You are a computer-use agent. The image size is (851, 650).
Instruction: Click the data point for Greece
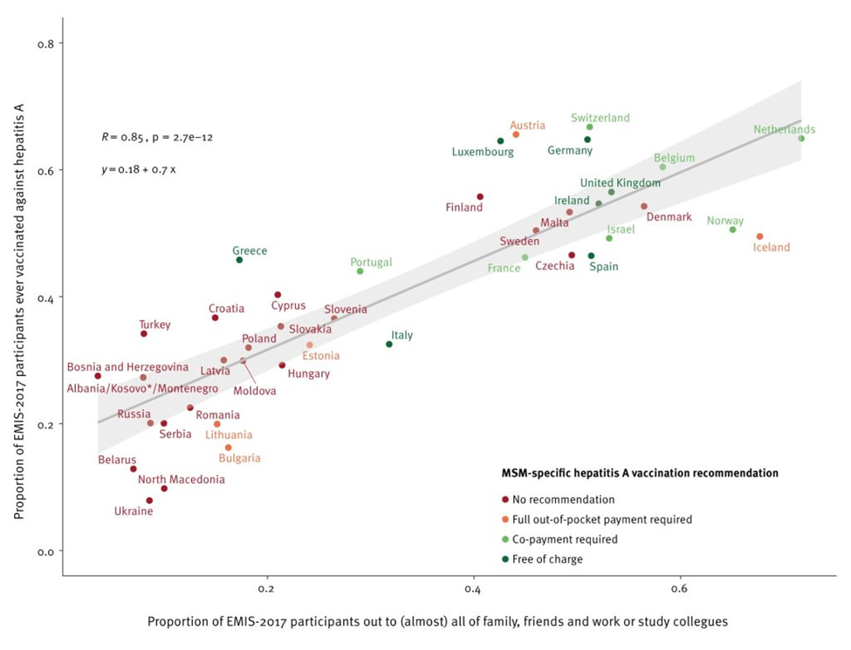pos(239,260)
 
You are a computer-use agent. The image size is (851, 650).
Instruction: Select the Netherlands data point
pos(801,139)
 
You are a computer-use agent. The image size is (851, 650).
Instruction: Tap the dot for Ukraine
pos(150,500)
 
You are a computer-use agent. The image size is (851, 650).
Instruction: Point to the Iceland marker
pos(760,236)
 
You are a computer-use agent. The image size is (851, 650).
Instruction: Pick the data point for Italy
pos(389,344)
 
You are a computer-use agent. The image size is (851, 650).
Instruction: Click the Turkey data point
pos(144,333)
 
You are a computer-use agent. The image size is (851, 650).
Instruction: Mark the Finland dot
pos(480,197)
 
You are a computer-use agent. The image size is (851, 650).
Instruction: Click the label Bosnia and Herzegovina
pos(127,367)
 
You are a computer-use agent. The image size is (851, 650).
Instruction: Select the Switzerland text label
pos(601,118)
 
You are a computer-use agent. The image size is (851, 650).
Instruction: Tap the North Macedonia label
pos(182,480)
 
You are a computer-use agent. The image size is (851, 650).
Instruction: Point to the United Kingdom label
pos(621,183)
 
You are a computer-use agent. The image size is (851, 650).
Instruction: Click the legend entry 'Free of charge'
pos(542,559)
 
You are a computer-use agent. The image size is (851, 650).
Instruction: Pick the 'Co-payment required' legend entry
pos(559,539)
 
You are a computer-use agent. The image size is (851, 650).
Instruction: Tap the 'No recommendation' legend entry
pos(558,500)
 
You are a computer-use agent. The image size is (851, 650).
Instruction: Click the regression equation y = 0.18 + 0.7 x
pos(139,170)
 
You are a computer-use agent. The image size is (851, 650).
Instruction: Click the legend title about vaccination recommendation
pos(640,473)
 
